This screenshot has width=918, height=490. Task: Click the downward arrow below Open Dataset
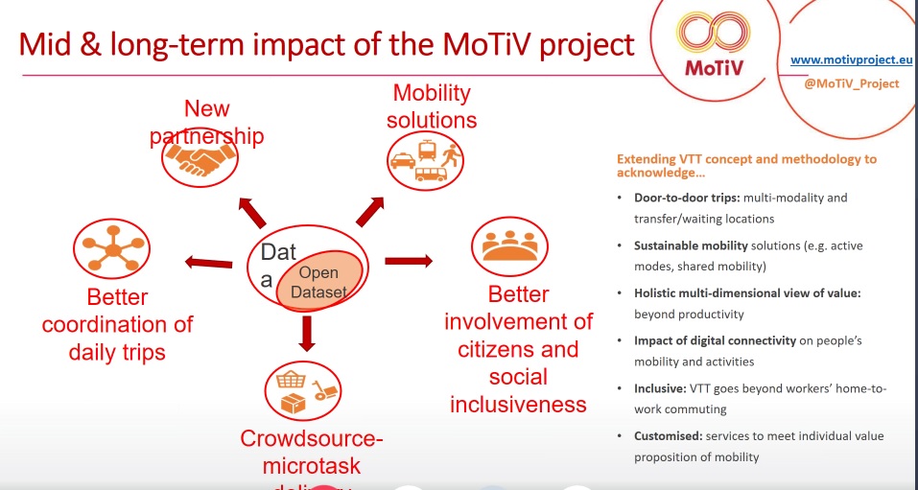[x=307, y=332]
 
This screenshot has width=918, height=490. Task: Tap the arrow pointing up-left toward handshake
[x=251, y=210]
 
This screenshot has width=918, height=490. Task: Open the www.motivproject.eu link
[x=851, y=59]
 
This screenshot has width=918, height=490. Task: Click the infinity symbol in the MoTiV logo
[x=711, y=35]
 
